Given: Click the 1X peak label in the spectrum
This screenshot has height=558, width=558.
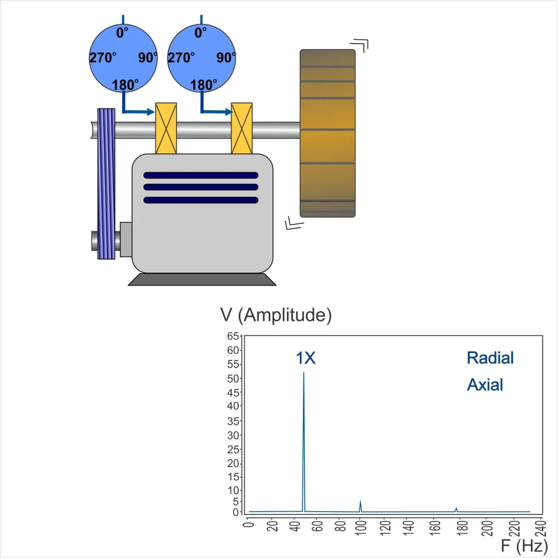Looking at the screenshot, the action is pyautogui.click(x=306, y=358).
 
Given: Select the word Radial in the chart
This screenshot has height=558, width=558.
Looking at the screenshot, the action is pyautogui.click(x=490, y=358).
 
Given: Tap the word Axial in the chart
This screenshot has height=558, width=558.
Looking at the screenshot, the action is pyautogui.click(x=484, y=385).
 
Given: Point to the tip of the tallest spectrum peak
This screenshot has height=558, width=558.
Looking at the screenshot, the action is pyautogui.click(x=304, y=373).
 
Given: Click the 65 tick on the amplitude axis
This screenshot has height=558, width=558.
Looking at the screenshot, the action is pyautogui.click(x=233, y=336).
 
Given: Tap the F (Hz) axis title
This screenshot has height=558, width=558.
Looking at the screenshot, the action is pyautogui.click(x=524, y=545).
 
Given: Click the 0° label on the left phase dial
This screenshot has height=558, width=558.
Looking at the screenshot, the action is pyautogui.click(x=122, y=33).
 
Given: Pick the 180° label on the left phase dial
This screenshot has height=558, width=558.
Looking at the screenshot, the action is pyautogui.click(x=125, y=85).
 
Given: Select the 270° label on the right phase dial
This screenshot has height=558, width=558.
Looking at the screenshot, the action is pyautogui.click(x=181, y=58).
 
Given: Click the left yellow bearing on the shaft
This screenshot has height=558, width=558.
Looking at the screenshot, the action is pyautogui.click(x=166, y=128).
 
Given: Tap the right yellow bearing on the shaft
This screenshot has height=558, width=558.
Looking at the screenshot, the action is pyautogui.click(x=241, y=128).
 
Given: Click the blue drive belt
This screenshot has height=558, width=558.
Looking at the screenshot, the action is pyautogui.click(x=106, y=184).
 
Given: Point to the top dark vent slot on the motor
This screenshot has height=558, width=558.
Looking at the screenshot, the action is pyautogui.click(x=201, y=175).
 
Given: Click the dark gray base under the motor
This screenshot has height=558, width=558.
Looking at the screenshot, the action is pyautogui.click(x=202, y=280).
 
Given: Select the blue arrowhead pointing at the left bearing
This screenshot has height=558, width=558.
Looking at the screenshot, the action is pyautogui.click(x=150, y=112).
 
